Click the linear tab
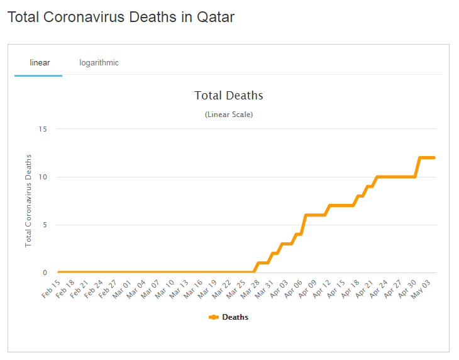40,63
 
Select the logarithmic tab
99,63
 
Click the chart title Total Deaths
228,96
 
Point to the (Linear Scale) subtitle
228,115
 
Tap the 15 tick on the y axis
43,129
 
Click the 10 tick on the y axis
43,177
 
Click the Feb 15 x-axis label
52,290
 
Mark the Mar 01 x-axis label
122,290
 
